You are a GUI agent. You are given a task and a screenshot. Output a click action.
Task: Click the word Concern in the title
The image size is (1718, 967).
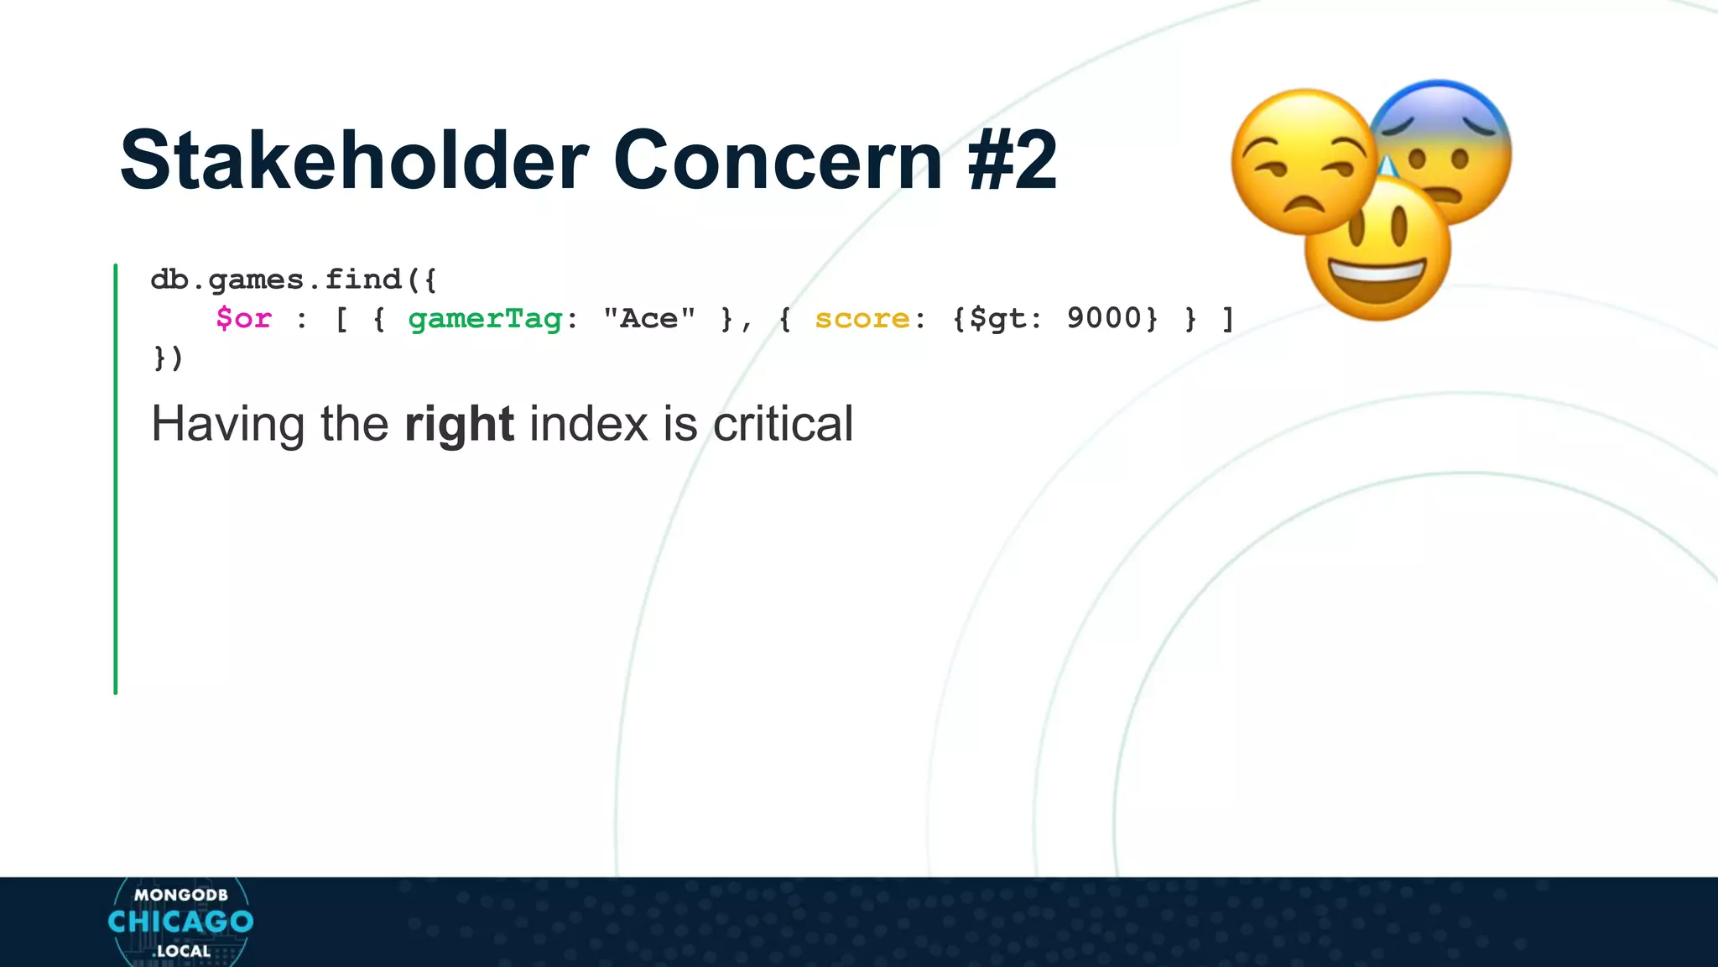point(778,160)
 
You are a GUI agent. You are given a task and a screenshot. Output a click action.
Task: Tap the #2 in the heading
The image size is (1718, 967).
point(1013,160)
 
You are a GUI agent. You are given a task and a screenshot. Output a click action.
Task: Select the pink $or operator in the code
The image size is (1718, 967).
point(243,319)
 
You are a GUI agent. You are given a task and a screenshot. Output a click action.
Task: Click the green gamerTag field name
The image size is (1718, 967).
point(485,319)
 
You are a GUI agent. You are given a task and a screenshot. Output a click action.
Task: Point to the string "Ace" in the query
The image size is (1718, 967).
point(649,319)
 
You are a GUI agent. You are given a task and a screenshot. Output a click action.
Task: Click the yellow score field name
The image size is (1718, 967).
point(862,319)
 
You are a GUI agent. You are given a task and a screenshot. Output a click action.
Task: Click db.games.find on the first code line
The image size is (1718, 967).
point(277,280)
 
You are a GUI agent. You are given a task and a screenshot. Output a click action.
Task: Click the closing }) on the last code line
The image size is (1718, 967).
point(167,358)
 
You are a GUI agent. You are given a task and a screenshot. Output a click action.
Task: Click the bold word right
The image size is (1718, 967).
point(459,424)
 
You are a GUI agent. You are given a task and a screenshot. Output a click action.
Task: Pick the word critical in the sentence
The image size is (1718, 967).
point(783,424)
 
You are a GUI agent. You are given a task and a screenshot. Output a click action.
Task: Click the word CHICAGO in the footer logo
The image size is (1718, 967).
point(180,922)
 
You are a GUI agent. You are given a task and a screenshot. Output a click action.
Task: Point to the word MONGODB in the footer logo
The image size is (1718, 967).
point(180,895)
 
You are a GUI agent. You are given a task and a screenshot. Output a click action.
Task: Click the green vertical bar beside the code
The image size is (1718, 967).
point(116,478)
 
